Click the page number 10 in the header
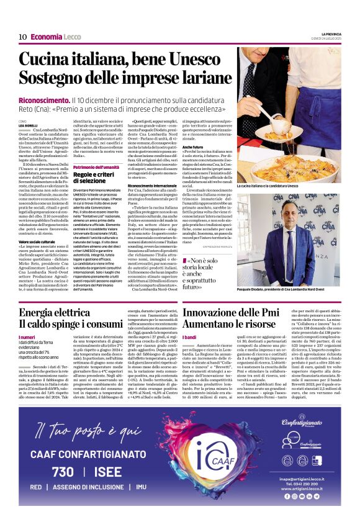point(22,37)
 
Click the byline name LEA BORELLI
point(28,125)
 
